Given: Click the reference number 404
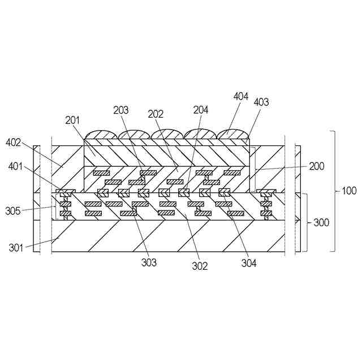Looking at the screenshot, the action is (x=241, y=96).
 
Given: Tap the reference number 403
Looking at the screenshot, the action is (x=261, y=102).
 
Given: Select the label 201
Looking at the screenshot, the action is (x=73, y=120).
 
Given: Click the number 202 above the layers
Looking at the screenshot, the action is (x=156, y=113).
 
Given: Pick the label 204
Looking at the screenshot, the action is (x=201, y=110).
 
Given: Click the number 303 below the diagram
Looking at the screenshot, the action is (x=149, y=262).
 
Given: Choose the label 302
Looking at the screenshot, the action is (x=200, y=266).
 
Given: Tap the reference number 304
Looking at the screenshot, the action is (x=248, y=262).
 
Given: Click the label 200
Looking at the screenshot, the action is (x=317, y=167).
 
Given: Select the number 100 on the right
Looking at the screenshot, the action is (x=349, y=191).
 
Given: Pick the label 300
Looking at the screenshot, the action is (x=321, y=223).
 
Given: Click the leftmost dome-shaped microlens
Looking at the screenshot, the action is (x=102, y=135).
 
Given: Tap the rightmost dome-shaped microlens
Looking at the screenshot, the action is (x=233, y=135).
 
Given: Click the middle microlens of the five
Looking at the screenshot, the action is (x=167, y=135).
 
